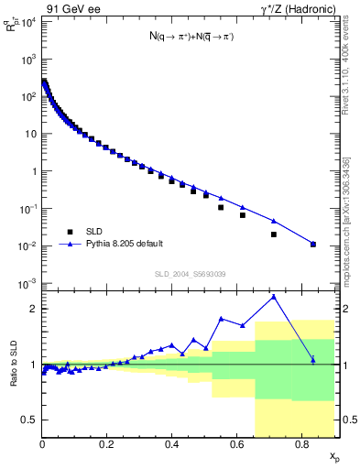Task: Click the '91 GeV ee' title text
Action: tap(72, 10)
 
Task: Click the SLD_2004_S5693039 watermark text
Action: tap(190, 274)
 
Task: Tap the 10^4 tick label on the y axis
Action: tap(27, 21)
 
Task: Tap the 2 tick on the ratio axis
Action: tap(33, 309)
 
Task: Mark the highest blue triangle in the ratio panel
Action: tap(274, 297)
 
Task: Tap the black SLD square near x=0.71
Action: tap(274, 234)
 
